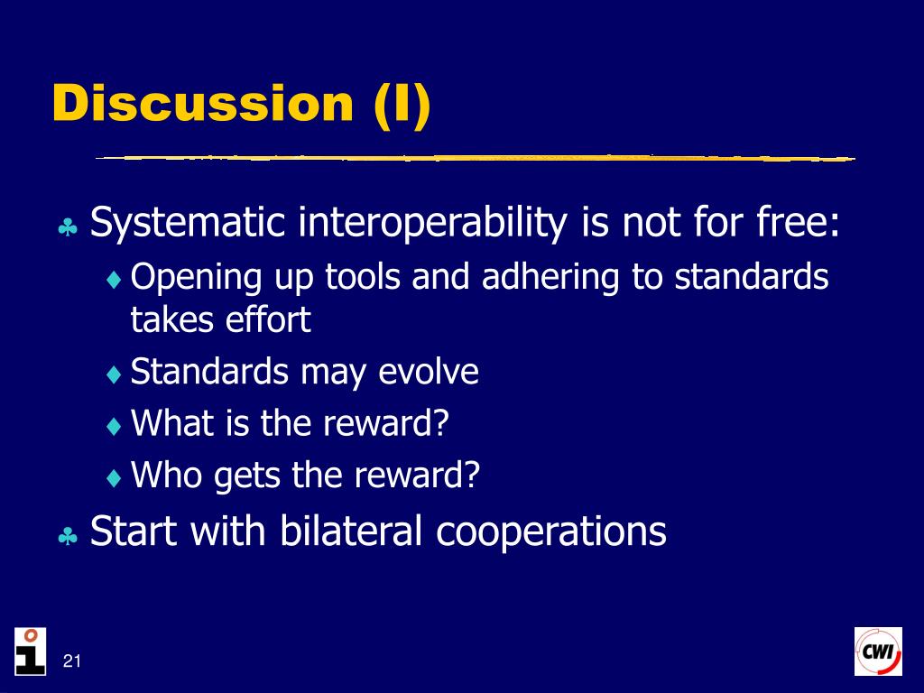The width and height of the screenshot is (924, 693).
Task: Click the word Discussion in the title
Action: [x=203, y=103]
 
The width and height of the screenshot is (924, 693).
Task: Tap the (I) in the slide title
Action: [x=402, y=105]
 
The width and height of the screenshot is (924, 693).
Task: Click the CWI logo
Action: [x=878, y=651]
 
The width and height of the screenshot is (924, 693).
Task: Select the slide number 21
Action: [x=72, y=661]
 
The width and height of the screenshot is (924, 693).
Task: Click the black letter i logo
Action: [x=30, y=651]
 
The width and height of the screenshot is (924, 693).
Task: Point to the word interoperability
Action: [x=432, y=224]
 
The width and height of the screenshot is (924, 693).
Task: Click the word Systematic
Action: [x=188, y=224]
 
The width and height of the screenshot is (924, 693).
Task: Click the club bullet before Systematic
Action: [x=68, y=227]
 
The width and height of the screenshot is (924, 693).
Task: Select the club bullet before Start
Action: [x=68, y=536]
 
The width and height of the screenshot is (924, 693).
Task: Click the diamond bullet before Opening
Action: [x=114, y=280]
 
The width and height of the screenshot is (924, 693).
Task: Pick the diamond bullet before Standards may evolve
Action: [x=114, y=374]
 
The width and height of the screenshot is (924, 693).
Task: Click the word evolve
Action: [x=429, y=372]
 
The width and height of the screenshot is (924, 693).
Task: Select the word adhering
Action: [x=550, y=277]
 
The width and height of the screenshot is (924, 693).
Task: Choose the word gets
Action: [x=247, y=476]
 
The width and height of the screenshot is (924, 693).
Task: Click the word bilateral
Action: [x=351, y=530]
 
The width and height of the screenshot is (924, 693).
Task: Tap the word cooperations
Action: [x=551, y=531]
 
